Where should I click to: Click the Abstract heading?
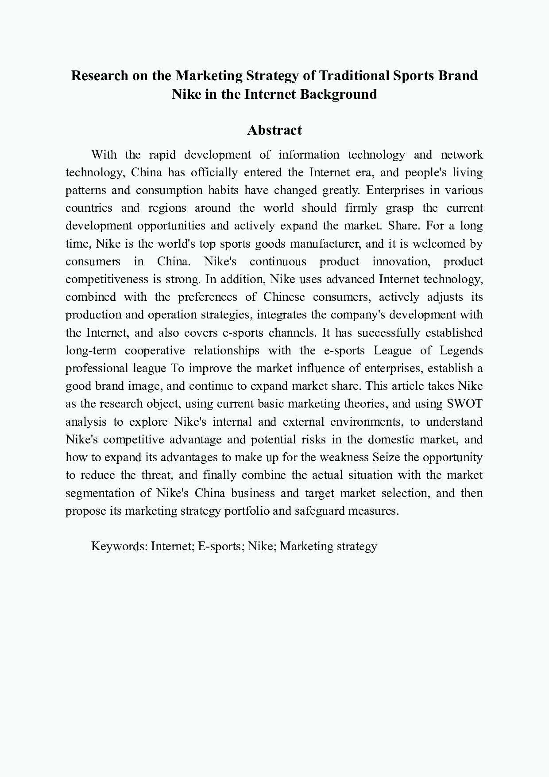click(274, 130)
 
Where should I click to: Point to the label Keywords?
click(119, 546)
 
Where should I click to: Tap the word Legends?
click(461, 350)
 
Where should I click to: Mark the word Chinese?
click(284, 297)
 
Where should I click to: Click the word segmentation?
click(100, 493)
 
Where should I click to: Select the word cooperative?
click(155, 350)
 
